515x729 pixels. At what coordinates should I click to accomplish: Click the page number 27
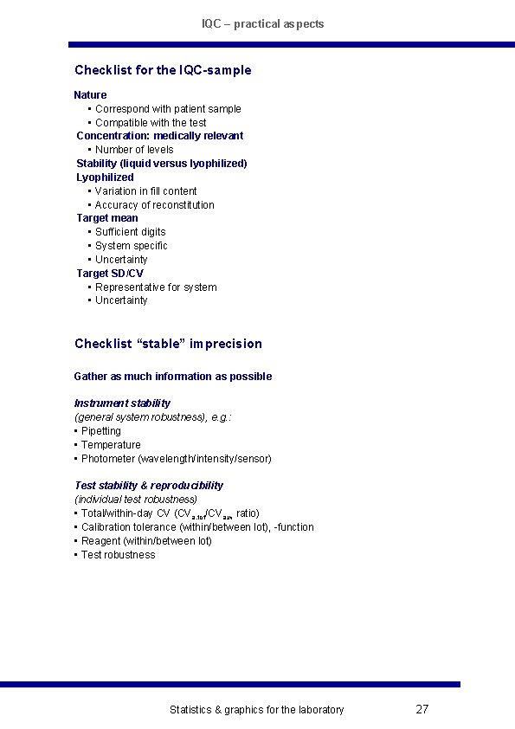(422, 709)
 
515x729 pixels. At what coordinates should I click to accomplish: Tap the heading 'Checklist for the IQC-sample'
(163, 69)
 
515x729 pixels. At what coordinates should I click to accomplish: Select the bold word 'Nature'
(90, 94)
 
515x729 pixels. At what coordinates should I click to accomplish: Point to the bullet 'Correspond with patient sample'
(168, 108)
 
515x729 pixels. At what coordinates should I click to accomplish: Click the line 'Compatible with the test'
(151, 122)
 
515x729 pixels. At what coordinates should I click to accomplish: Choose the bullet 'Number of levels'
(134, 149)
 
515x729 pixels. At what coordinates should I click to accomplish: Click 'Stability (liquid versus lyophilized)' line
(162, 163)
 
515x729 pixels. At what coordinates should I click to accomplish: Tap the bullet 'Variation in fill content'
(145, 190)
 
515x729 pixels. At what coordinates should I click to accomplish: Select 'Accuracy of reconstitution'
(154, 204)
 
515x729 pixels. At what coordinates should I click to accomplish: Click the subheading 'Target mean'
(107, 218)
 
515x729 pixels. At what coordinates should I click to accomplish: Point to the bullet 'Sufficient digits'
(130, 231)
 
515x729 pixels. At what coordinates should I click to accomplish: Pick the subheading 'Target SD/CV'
(110, 273)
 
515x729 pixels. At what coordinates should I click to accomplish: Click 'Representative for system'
(156, 287)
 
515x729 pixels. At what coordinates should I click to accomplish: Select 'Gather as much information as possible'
(173, 376)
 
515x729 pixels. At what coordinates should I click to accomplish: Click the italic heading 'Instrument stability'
(122, 403)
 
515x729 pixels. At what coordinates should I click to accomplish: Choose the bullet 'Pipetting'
(100, 430)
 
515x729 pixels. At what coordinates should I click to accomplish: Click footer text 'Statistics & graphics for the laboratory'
(256, 710)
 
